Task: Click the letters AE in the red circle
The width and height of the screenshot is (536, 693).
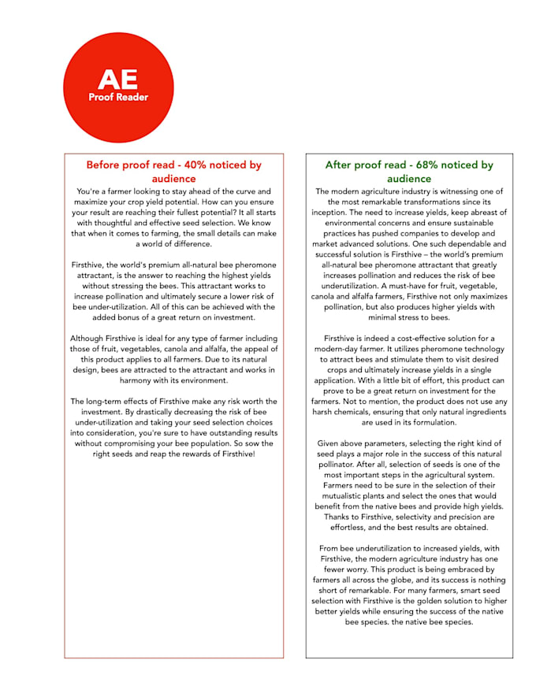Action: [x=117, y=79]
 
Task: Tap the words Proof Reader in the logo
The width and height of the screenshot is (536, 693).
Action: [x=118, y=98]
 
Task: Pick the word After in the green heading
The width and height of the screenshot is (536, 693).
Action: [x=341, y=165]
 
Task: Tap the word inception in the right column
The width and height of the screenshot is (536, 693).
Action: [x=329, y=212]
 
